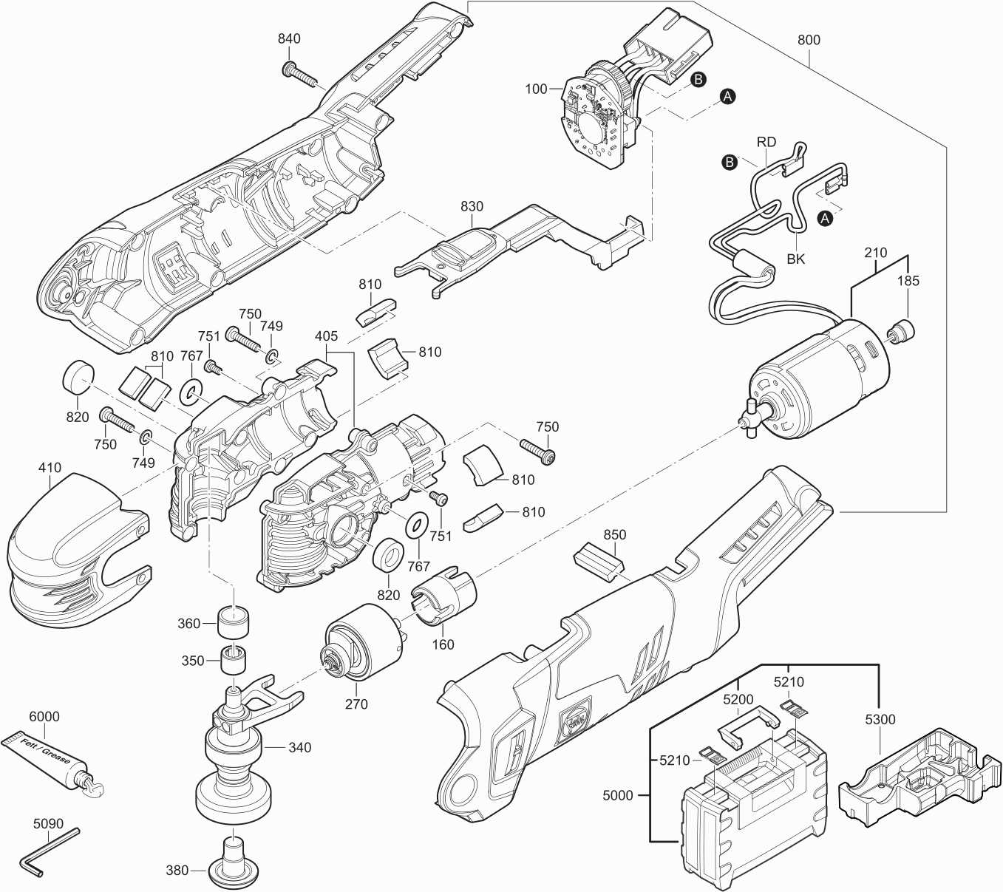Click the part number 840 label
click(290, 39)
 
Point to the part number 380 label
click(177, 871)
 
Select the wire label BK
click(795, 259)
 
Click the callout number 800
click(809, 41)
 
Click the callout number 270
click(356, 704)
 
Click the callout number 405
click(326, 336)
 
